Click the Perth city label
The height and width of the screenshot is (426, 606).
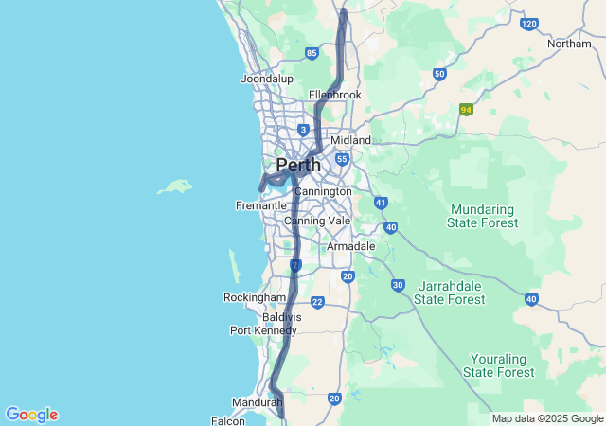(x=297, y=166)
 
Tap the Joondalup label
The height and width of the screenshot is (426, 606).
(x=267, y=79)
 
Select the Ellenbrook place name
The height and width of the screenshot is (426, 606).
(x=335, y=95)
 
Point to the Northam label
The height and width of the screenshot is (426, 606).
(x=569, y=44)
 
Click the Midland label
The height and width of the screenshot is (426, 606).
(x=350, y=140)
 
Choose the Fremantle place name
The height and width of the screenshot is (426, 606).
(x=260, y=205)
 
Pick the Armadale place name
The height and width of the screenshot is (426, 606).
(x=351, y=246)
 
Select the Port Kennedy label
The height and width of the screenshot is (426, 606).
(x=263, y=330)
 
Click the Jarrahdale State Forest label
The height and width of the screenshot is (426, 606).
(x=450, y=293)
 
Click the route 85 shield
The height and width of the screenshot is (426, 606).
(x=312, y=53)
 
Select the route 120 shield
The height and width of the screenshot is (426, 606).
(x=529, y=24)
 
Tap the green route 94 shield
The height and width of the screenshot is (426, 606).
(x=466, y=110)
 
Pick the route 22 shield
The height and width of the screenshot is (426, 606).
(x=317, y=303)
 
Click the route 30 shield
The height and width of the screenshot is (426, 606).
(x=398, y=285)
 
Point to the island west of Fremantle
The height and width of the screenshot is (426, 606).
(x=175, y=186)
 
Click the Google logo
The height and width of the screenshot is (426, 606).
(x=31, y=415)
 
